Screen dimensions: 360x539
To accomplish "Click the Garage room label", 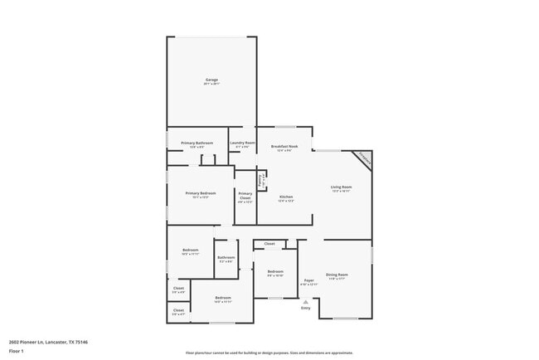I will coord(212,80).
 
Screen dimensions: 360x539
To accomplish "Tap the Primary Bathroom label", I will coord(197,144).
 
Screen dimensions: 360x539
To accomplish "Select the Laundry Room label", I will coord(242,143).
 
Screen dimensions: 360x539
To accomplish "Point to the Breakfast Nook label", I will coord(284,146).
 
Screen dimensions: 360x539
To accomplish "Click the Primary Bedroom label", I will coord(200,193).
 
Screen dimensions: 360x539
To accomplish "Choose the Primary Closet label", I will coord(245,196).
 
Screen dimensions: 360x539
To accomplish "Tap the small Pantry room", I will coord(260,180).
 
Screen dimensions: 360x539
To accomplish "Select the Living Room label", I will coord(342,187).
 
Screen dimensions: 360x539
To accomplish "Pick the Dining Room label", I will coord(337,275).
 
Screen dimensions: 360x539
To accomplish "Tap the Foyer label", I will coord(308,281).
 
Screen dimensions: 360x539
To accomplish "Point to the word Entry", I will coord(306,309).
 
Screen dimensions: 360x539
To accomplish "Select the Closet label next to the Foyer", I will coord(269,244).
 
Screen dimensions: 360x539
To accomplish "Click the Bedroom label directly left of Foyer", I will coord(275,271).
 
